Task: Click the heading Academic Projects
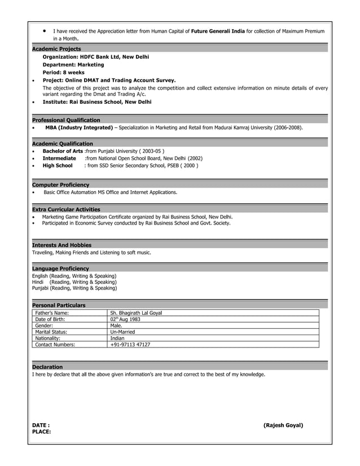[56, 49]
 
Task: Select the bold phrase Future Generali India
[218, 31]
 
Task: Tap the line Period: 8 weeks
[64, 73]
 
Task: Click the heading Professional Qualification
[66, 120]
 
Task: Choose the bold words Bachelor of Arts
[63, 151]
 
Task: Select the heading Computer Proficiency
[60, 185]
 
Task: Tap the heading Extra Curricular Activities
[66, 209]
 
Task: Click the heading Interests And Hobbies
[62, 245]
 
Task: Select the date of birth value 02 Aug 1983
[125, 319]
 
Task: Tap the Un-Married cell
[124, 332]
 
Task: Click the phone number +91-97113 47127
[130, 344]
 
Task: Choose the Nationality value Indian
[117, 338]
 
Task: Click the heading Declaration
[47, 367]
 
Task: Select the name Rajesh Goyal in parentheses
[283, 425]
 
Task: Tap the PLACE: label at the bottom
[42, 432]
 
